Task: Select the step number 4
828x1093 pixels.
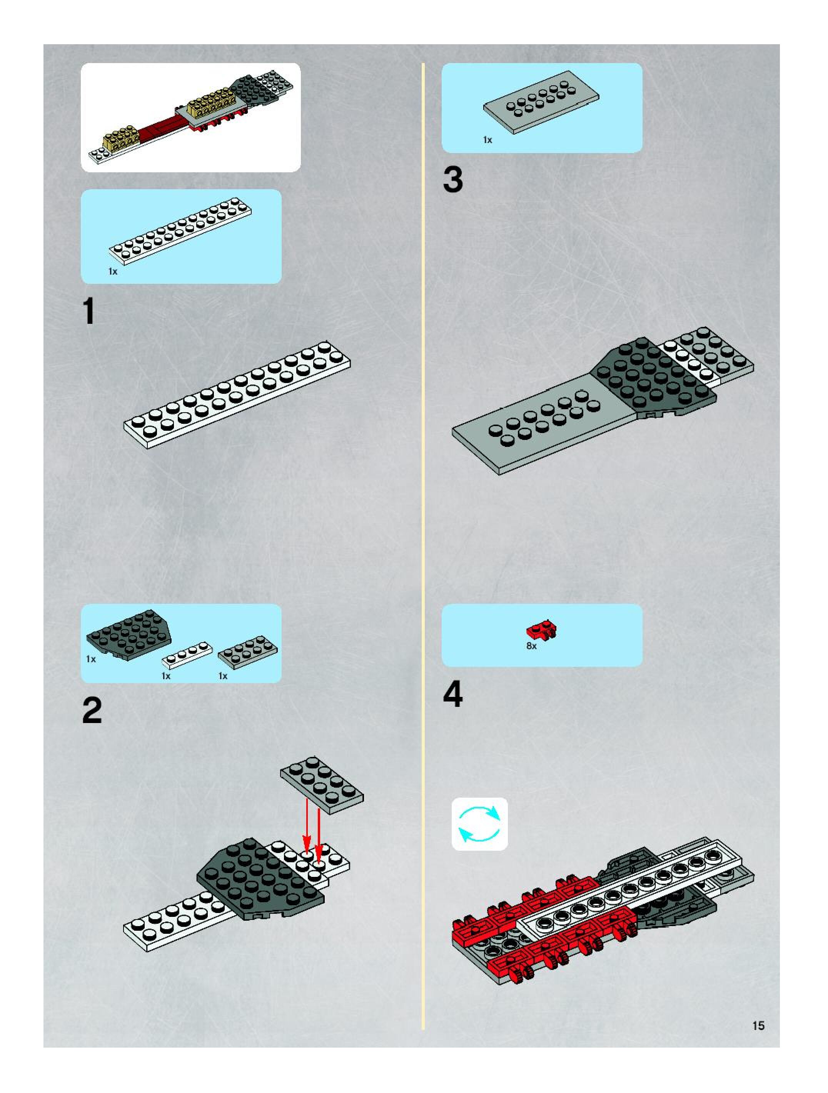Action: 453,694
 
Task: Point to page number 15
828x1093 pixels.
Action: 758,1026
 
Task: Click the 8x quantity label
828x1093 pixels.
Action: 531,646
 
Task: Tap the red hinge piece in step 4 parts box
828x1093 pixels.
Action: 541,630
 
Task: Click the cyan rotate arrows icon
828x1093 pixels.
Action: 479,824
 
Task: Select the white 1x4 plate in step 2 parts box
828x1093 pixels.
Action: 187,655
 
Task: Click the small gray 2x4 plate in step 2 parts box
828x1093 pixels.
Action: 248,652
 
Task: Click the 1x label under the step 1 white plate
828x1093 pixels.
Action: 113,271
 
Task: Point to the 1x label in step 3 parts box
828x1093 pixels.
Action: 487,140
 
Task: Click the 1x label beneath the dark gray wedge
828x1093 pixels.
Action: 91,659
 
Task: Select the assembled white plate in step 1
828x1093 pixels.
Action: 237,394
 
